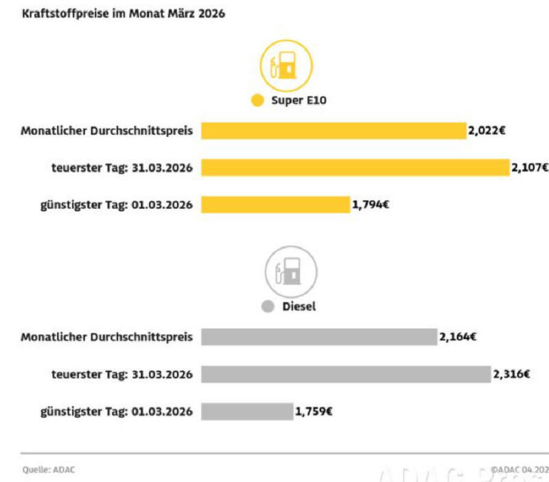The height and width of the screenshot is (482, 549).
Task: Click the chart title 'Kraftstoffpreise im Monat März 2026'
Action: [x=123, y=14]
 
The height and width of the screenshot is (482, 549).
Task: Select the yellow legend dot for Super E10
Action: [x=257, y=100]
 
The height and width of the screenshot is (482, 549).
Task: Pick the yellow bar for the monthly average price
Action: [x=333, y=130]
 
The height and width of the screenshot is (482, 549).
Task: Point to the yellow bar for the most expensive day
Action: [x=355, y=167]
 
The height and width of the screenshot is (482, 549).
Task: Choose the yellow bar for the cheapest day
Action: [x=275, y=204]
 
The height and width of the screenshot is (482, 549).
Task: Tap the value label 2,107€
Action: [x=530, y=167]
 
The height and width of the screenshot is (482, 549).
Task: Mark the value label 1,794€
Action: [x=371, y=204]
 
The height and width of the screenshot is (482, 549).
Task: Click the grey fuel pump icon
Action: [x=291, y=271]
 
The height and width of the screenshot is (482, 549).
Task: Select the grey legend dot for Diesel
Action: [x=268, y=306]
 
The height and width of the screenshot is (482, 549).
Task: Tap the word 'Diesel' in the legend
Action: [x=299, y=306]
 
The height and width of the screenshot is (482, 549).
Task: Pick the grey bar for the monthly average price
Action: [x=318, y=337]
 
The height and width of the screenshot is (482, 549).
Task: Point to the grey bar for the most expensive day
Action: [x=346, y=374]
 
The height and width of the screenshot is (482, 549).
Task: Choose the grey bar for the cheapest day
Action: [x=246, y=411]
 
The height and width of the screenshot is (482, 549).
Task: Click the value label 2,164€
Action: [x=458, y=337]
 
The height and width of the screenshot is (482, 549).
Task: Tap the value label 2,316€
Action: [x=511, y=374]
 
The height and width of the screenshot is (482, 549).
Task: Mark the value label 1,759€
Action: [x=314, y=411]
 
